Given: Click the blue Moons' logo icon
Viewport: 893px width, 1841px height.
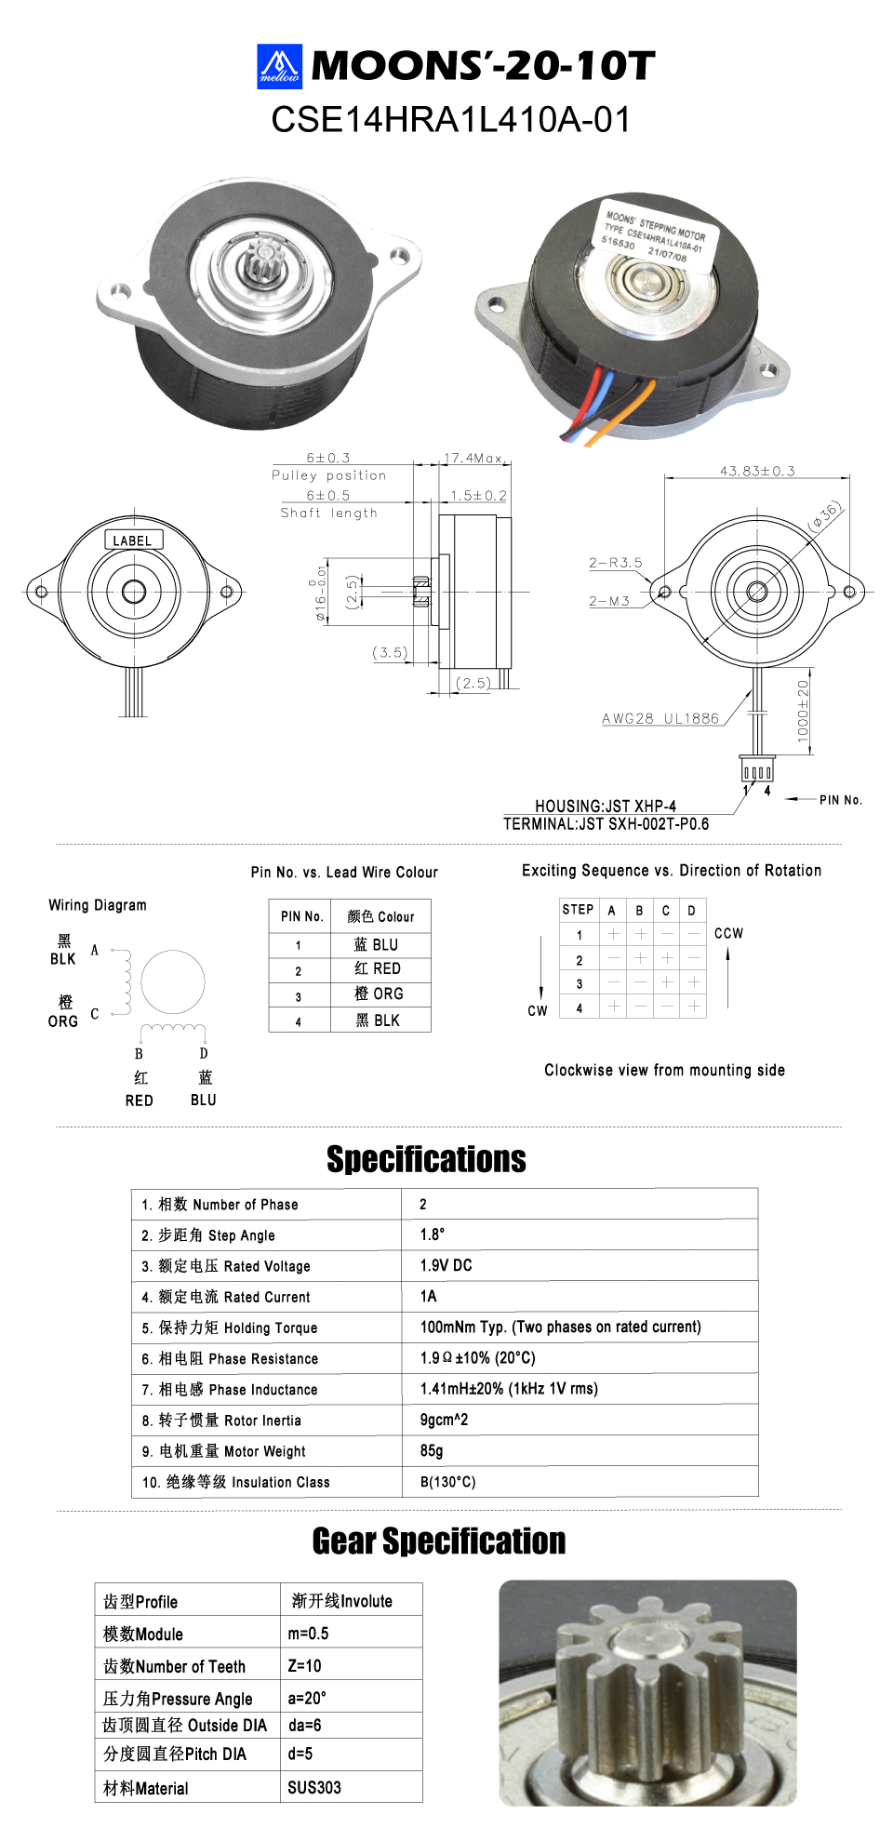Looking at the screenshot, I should click(279, 66).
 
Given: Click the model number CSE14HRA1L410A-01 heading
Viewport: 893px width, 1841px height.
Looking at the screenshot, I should click(451, 120).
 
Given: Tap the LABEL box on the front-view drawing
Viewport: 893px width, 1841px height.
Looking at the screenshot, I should click(133, 540).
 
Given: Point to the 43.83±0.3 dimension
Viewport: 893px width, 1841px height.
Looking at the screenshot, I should click(757, 472).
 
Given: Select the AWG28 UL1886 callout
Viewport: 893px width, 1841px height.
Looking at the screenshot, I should click(660, 718).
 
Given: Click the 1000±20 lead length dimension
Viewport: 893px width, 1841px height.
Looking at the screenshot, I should click(804, 711).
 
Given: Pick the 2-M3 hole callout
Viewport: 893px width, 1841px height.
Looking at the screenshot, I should click(609, 601).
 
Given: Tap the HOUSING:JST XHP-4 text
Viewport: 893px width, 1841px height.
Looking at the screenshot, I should click(606, 807).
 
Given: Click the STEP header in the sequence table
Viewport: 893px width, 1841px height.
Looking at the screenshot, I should click(578, 910).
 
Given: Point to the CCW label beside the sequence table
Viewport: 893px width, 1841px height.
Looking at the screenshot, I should click(728, 933).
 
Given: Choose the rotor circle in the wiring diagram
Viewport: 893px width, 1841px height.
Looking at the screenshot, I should click(173, 982).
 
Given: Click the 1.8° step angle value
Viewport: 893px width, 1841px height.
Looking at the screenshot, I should click(433, 1234).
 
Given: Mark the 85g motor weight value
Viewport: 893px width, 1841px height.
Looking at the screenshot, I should click(432, 1450).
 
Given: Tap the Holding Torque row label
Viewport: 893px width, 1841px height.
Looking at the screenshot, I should click(230, 1327).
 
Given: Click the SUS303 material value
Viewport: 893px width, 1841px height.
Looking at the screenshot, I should click(314, 1787).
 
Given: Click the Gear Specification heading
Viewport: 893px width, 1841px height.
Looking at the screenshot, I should click(439, 1541).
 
